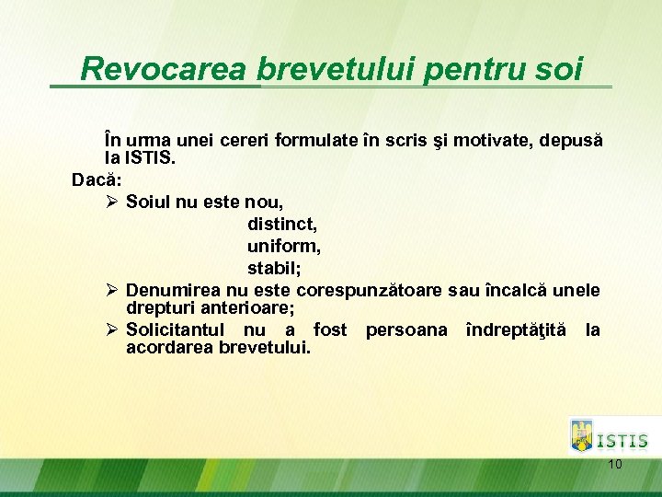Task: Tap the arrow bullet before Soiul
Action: tap(110, 200)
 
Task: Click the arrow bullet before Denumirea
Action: tap(110, 291)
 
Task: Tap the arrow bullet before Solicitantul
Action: tap(110, 329)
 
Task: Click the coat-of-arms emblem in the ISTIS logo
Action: tap(582, 435)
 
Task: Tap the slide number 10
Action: tap(615, 464)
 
